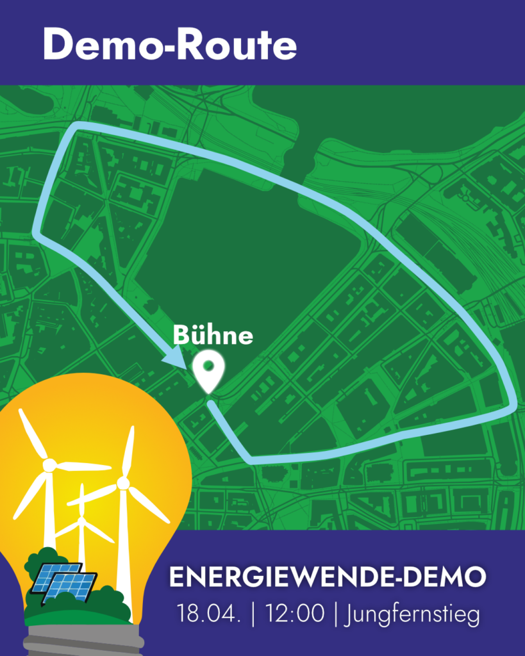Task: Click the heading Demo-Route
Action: pyautogui.click(x=170, y=45)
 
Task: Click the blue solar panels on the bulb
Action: pyautogui.click(x=62, y=582)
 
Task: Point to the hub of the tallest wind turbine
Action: pyautogui.click(x=124, y=482)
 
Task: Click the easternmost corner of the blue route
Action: pyautogui.click(x=515, y=404)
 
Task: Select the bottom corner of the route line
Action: pyautogui.click(x=249, y=460)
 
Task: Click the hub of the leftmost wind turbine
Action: pyautogui.click(x=49, y=465)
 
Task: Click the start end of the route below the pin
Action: pyautogui.click(x=210, y=404)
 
